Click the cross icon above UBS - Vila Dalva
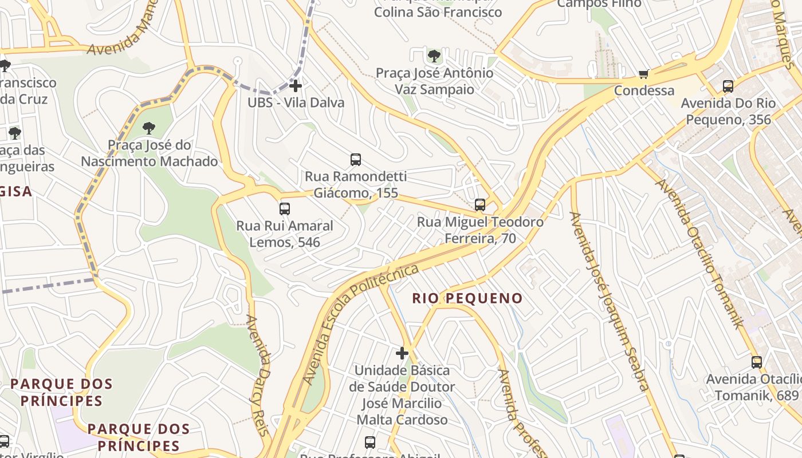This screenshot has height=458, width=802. click(x=296, y=86)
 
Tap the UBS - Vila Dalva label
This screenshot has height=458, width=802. click(x=296, y=102)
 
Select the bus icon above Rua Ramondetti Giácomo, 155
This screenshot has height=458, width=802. click(x=356, y=160)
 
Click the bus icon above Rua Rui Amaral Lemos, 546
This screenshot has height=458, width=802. click(x=285, y=209)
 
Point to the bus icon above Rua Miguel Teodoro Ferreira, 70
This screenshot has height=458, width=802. click(x=480, y=205)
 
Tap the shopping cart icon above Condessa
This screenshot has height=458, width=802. click(x=644, y=74)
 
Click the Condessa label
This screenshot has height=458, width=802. click(x=644, y=90)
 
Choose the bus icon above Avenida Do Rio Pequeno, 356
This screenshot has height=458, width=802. click(x=728, y=87)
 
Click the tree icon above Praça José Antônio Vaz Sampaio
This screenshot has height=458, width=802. click(x=434, y=56)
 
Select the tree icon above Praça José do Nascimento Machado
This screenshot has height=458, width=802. click(x=149, y=128)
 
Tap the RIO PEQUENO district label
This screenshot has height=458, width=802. click(x=467, y=298)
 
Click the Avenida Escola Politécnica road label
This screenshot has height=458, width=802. click(x=360, y=324)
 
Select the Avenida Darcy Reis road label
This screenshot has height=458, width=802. click(x=258, y=375)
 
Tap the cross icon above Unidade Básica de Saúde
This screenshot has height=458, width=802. click(x=402, y=353)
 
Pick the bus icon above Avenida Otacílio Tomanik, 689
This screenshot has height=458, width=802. click(x=757, y=362)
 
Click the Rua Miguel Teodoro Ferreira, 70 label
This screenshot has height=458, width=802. click(x=480, y=230)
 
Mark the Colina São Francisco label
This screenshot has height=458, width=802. click(x=438, y=11)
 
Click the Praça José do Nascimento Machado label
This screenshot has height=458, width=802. click(x=149, y=153)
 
